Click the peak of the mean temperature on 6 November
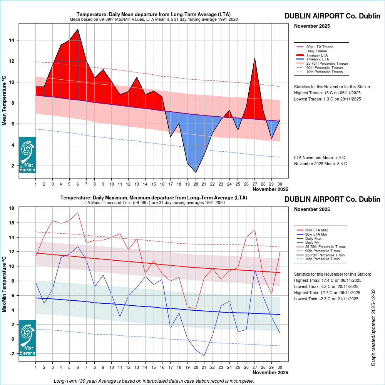click(78, 29)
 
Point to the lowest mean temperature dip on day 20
click(196, 172)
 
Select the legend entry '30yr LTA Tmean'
click(320, 47)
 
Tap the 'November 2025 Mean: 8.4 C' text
click(320, 164)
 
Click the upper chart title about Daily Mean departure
click(153, 15)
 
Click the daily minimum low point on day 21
click(204, 355)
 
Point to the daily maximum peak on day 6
click(78, 213)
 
